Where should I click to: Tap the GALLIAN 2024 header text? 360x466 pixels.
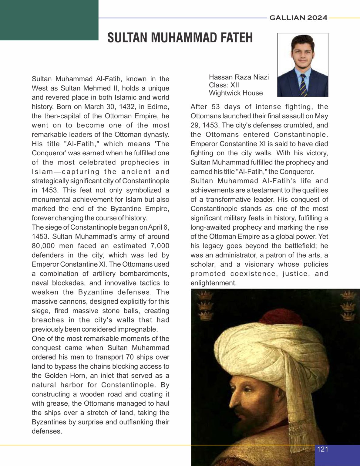298,18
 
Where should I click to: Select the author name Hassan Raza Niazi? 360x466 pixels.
239,77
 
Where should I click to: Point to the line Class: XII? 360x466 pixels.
224,85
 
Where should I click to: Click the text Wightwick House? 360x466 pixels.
236,93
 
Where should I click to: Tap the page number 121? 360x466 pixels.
322,449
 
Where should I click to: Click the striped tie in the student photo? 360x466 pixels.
303,85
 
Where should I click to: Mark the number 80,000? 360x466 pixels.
43,246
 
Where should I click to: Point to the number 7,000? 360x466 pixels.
159,246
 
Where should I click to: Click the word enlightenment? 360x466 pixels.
213,283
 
